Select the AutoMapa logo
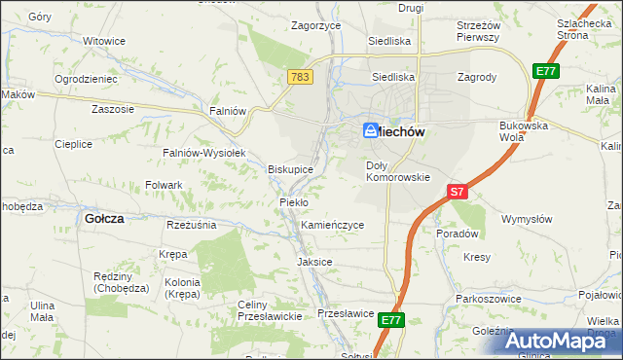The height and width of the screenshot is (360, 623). pyautogui.click(x=560, y=341)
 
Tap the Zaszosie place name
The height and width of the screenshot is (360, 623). pyautogui.click(x=113, y=109)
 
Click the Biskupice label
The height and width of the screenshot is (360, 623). pyautogui.click(x=291, y=168)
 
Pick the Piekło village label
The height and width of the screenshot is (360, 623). pyautogui.click(x=294, y=201)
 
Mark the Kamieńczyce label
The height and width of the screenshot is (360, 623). pyautogui.click(x=333, y=225)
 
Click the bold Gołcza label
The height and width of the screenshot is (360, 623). pyautogui.click(x=104, y=219)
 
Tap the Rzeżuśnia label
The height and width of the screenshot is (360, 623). pyautogui.click(x=191, y=224)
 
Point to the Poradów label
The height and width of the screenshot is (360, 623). pyautogui.click(x=458, y=234)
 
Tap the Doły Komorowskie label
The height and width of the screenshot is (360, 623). pyautogui.click(x=397, y=171)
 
